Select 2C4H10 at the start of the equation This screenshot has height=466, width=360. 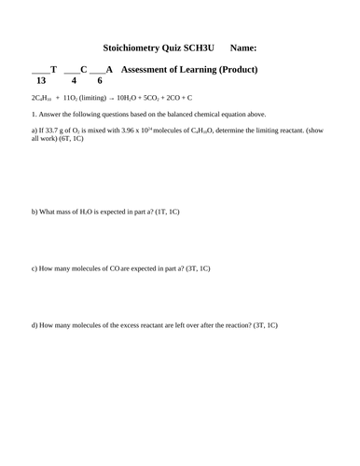point(42,97)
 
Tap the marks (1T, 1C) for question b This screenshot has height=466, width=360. point(164,212)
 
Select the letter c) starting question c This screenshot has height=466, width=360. point(35,268)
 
